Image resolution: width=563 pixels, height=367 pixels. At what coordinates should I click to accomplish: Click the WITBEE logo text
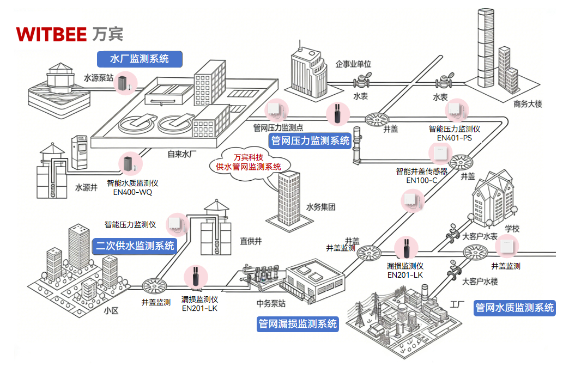[51, 34]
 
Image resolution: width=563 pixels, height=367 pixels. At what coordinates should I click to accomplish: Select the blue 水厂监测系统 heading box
[139, 59]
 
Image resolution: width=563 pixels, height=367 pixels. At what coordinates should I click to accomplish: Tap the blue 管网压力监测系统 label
[310, 141]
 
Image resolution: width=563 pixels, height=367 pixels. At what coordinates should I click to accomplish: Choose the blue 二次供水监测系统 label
[135, 246]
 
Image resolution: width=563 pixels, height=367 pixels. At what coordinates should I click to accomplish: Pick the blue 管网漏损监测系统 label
[298, 324]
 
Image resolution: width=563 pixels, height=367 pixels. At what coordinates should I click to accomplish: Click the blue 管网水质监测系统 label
[514, 308]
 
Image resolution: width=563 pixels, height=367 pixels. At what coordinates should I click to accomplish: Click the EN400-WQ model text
[132, 192]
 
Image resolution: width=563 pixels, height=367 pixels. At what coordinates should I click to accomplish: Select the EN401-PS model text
[454, 138]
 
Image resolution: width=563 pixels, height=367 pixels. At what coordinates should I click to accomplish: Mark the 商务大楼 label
[528, 104]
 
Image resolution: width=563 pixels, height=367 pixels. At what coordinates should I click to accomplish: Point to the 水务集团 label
[320, 207]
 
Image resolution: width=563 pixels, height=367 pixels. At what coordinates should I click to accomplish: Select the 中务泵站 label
[271, 303]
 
